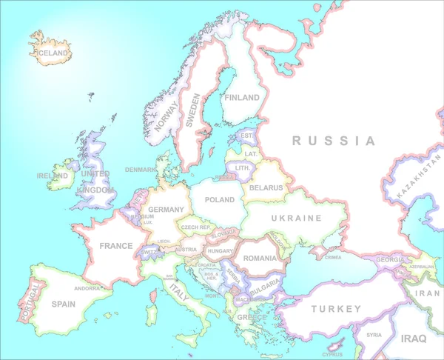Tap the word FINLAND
(243, 98)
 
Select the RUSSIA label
(333, 141)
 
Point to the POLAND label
(219, 200)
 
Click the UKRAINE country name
(296, 219)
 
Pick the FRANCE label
(116, 246)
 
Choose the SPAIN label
(64, 304)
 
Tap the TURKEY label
(336, 308)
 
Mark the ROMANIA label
(260, 258)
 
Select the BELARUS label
(266, 188)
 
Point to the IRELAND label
(52, 176)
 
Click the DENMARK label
(141, 170)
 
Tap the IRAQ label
(413, 339)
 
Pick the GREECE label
(252, 318)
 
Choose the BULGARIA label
(264, 283)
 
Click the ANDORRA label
(87, 289)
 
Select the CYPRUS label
(332, 354)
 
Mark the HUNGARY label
(221, 251)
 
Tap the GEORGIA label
(390, 259)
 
